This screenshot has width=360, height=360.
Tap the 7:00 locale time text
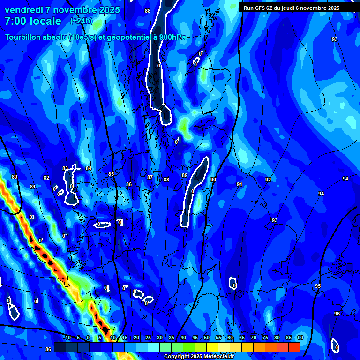pyautogui.click(x=33, y=21)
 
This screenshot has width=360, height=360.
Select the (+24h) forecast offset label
pyautogui.click(x=81, y=21)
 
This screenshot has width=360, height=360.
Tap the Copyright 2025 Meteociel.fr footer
pyautogui.click(x=198, y=357)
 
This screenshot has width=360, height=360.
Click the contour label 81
pyautogui.click(x=32, y=187)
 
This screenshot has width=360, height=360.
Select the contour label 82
pyautogui.click(x=46, y=178)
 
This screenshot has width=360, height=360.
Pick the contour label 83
pyautogui.click(x=65, y=168)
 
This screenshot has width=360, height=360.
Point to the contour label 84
pyautogui.click(x=89, y=168)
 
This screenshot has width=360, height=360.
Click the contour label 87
pyautogui.click(x=150, y=177)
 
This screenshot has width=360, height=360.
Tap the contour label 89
pyautogui.click(x=185, y=175)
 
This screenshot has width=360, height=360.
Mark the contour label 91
pyautogui.click(x=239, y=184)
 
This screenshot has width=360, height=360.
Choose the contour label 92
pyautogui.click(x=268, y=180)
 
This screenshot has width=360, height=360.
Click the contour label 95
pyautogui.click(x=318, y=286)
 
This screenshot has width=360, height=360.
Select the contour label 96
pyautogui.click(x=337, y=314)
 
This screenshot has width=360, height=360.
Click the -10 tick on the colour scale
pyautogui.click(x=67, y=337)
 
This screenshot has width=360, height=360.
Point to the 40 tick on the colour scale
pyautogui.click(x=183, y=337)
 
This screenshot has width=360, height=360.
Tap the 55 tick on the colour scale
pyautogui.click(x=218, y=337)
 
